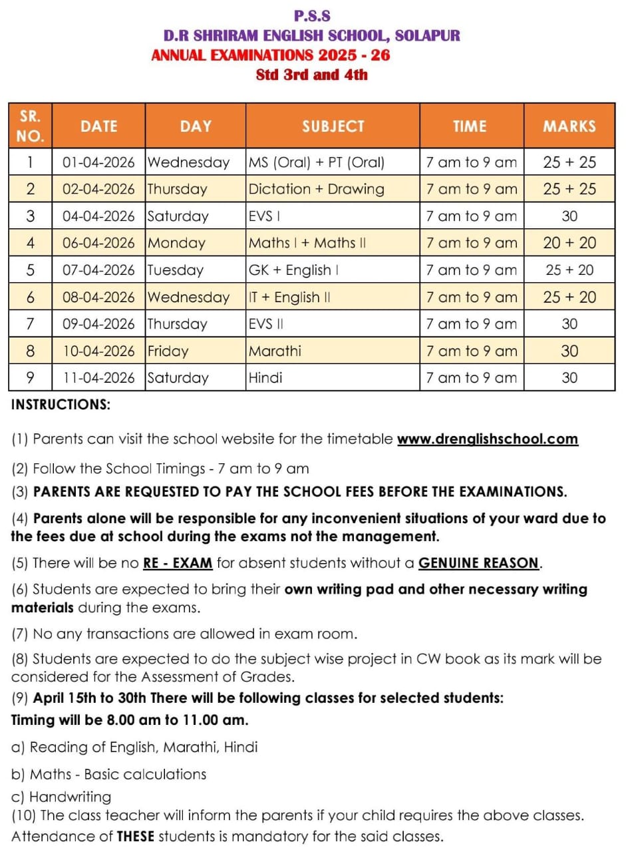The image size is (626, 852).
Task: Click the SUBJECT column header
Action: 333,126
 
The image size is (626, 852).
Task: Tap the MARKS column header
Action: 569,126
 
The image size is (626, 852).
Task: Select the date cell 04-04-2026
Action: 98,216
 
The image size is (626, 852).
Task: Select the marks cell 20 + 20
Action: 569,243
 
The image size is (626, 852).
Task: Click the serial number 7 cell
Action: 30,324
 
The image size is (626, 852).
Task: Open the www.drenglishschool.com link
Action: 488,439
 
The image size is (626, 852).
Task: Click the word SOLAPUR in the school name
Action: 427,35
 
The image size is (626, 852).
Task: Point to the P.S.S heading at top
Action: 312,15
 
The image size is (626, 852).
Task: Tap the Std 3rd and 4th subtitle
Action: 311,75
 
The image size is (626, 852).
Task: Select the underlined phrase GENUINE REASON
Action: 479,563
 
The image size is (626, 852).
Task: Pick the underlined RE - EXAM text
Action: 178,563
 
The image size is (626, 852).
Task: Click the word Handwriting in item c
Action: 71,797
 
